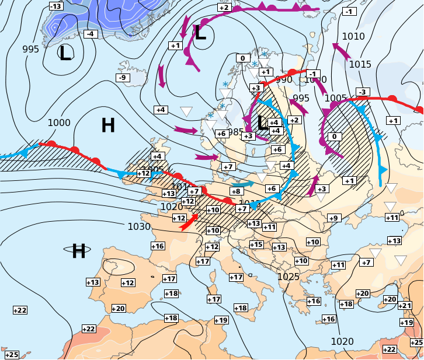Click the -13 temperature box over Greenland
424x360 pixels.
(x=55, y=6)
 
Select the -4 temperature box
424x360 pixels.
(x=89, y=34)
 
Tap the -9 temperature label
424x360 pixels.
(x=122, y=78)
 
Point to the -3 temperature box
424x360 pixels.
(x=363, y=92)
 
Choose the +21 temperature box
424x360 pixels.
(x=405, y=306)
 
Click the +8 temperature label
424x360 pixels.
(x=236, y=191)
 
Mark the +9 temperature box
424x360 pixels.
(x=333, y=218)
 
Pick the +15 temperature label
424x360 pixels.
(x=256, y=244)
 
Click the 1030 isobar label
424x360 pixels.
(x=139, y=226)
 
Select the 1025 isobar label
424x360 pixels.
(x=289, y=277)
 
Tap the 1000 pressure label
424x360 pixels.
(x=59, y=123)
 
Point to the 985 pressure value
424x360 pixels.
(x=236, y=132)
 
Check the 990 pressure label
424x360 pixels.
(x=284, y=80)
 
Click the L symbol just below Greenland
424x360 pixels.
(x=65, y=54)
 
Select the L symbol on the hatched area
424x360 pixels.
(x=262, y=123)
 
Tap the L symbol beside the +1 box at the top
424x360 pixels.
(x=200, y=33)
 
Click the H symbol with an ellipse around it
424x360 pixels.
(x=78, y=251)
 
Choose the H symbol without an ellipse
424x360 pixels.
(x=107, y=125)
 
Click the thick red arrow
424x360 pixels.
(x=189, y=222)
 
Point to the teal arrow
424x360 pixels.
(x=245, y=184)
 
